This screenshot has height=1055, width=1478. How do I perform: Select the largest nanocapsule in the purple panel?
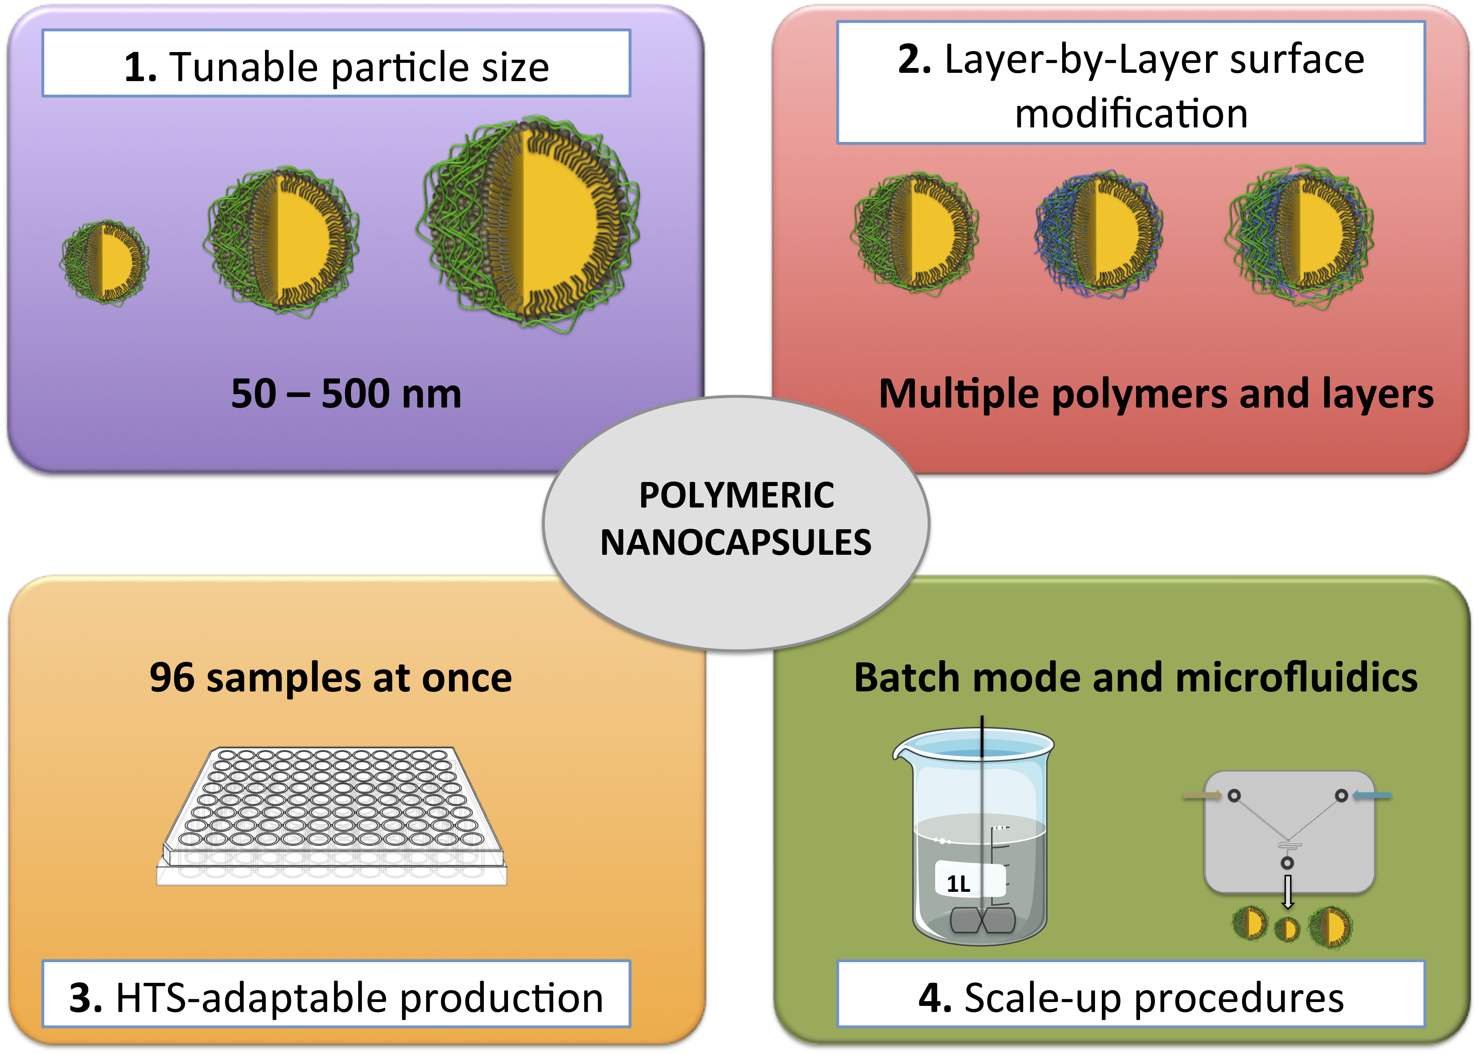pyautogui.click(x=528, y=224)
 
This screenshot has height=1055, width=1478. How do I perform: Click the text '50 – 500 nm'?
pyautogui.click(x=346, y=394)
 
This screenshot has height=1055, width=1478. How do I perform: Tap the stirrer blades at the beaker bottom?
pyautogui.click(x=982, y=920)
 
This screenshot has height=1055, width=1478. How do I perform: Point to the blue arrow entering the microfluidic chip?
pyautogui.click(x=1372, y=795)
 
